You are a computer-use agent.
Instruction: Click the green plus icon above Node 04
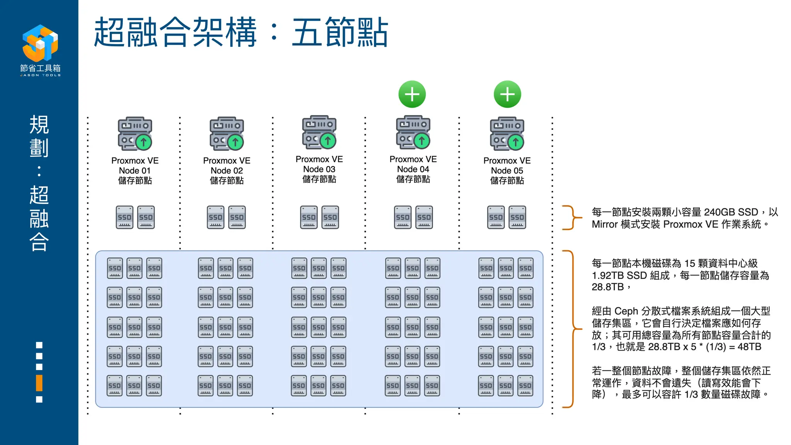tap(412, 94)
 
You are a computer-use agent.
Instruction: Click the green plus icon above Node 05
tap(507, 94)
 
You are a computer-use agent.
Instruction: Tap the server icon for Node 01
tap(135, 134)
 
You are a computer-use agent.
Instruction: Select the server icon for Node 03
tap(319, 132)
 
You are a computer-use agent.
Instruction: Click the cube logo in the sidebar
tap(40, 43)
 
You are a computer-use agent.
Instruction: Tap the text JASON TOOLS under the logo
tap(40, 75)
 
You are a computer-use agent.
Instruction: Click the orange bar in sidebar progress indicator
tap(39, 383)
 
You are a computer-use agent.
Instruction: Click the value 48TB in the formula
tap(749, 347)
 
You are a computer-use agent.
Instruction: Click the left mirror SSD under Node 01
tap(124, 217)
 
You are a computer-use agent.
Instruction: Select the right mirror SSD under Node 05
tap(517, 217)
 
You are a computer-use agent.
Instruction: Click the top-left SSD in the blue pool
tap(115, 268)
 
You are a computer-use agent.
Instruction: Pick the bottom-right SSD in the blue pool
tap(525, 386)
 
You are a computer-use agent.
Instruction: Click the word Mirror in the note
tap(604, 224)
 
